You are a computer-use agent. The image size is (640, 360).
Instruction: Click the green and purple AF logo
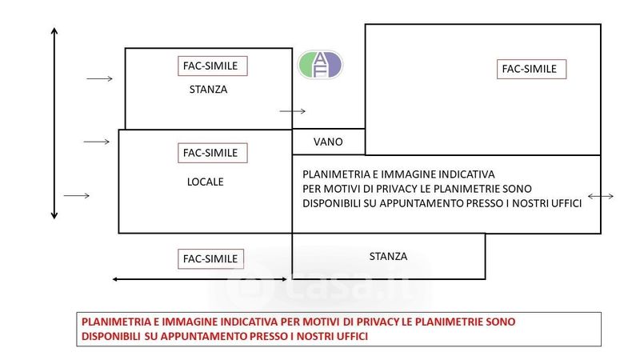tap(320, 65)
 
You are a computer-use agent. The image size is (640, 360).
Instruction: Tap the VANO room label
tap(328, 142)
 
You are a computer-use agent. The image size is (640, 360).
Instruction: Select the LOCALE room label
tap(206, 182)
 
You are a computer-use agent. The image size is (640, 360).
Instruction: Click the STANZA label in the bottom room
tap(388, 256)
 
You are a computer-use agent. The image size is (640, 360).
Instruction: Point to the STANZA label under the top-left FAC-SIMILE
tap(208, 90)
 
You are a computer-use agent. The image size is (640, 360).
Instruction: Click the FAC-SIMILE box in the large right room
tap(531, 69)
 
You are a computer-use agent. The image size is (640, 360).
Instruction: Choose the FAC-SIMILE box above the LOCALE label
tap(213, 153)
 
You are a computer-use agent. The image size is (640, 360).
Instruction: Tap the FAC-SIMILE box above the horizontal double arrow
tap(210, 258)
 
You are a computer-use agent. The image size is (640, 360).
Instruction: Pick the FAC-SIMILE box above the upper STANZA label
tap(213, 66)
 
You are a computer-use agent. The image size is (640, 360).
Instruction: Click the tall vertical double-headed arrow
tap(54, 124)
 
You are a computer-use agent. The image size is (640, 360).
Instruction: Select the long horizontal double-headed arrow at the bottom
tap(199, 279)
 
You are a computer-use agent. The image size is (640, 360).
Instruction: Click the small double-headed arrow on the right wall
tap(601, 196)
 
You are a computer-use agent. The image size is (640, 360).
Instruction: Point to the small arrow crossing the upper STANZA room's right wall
tap(292, 111)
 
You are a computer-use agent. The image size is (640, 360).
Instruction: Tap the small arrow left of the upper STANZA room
tap(99, 78)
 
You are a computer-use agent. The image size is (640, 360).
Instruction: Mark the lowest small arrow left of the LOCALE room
tap(77, 196)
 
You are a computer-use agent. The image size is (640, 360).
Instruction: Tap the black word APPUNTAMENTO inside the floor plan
tap(444, 203)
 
